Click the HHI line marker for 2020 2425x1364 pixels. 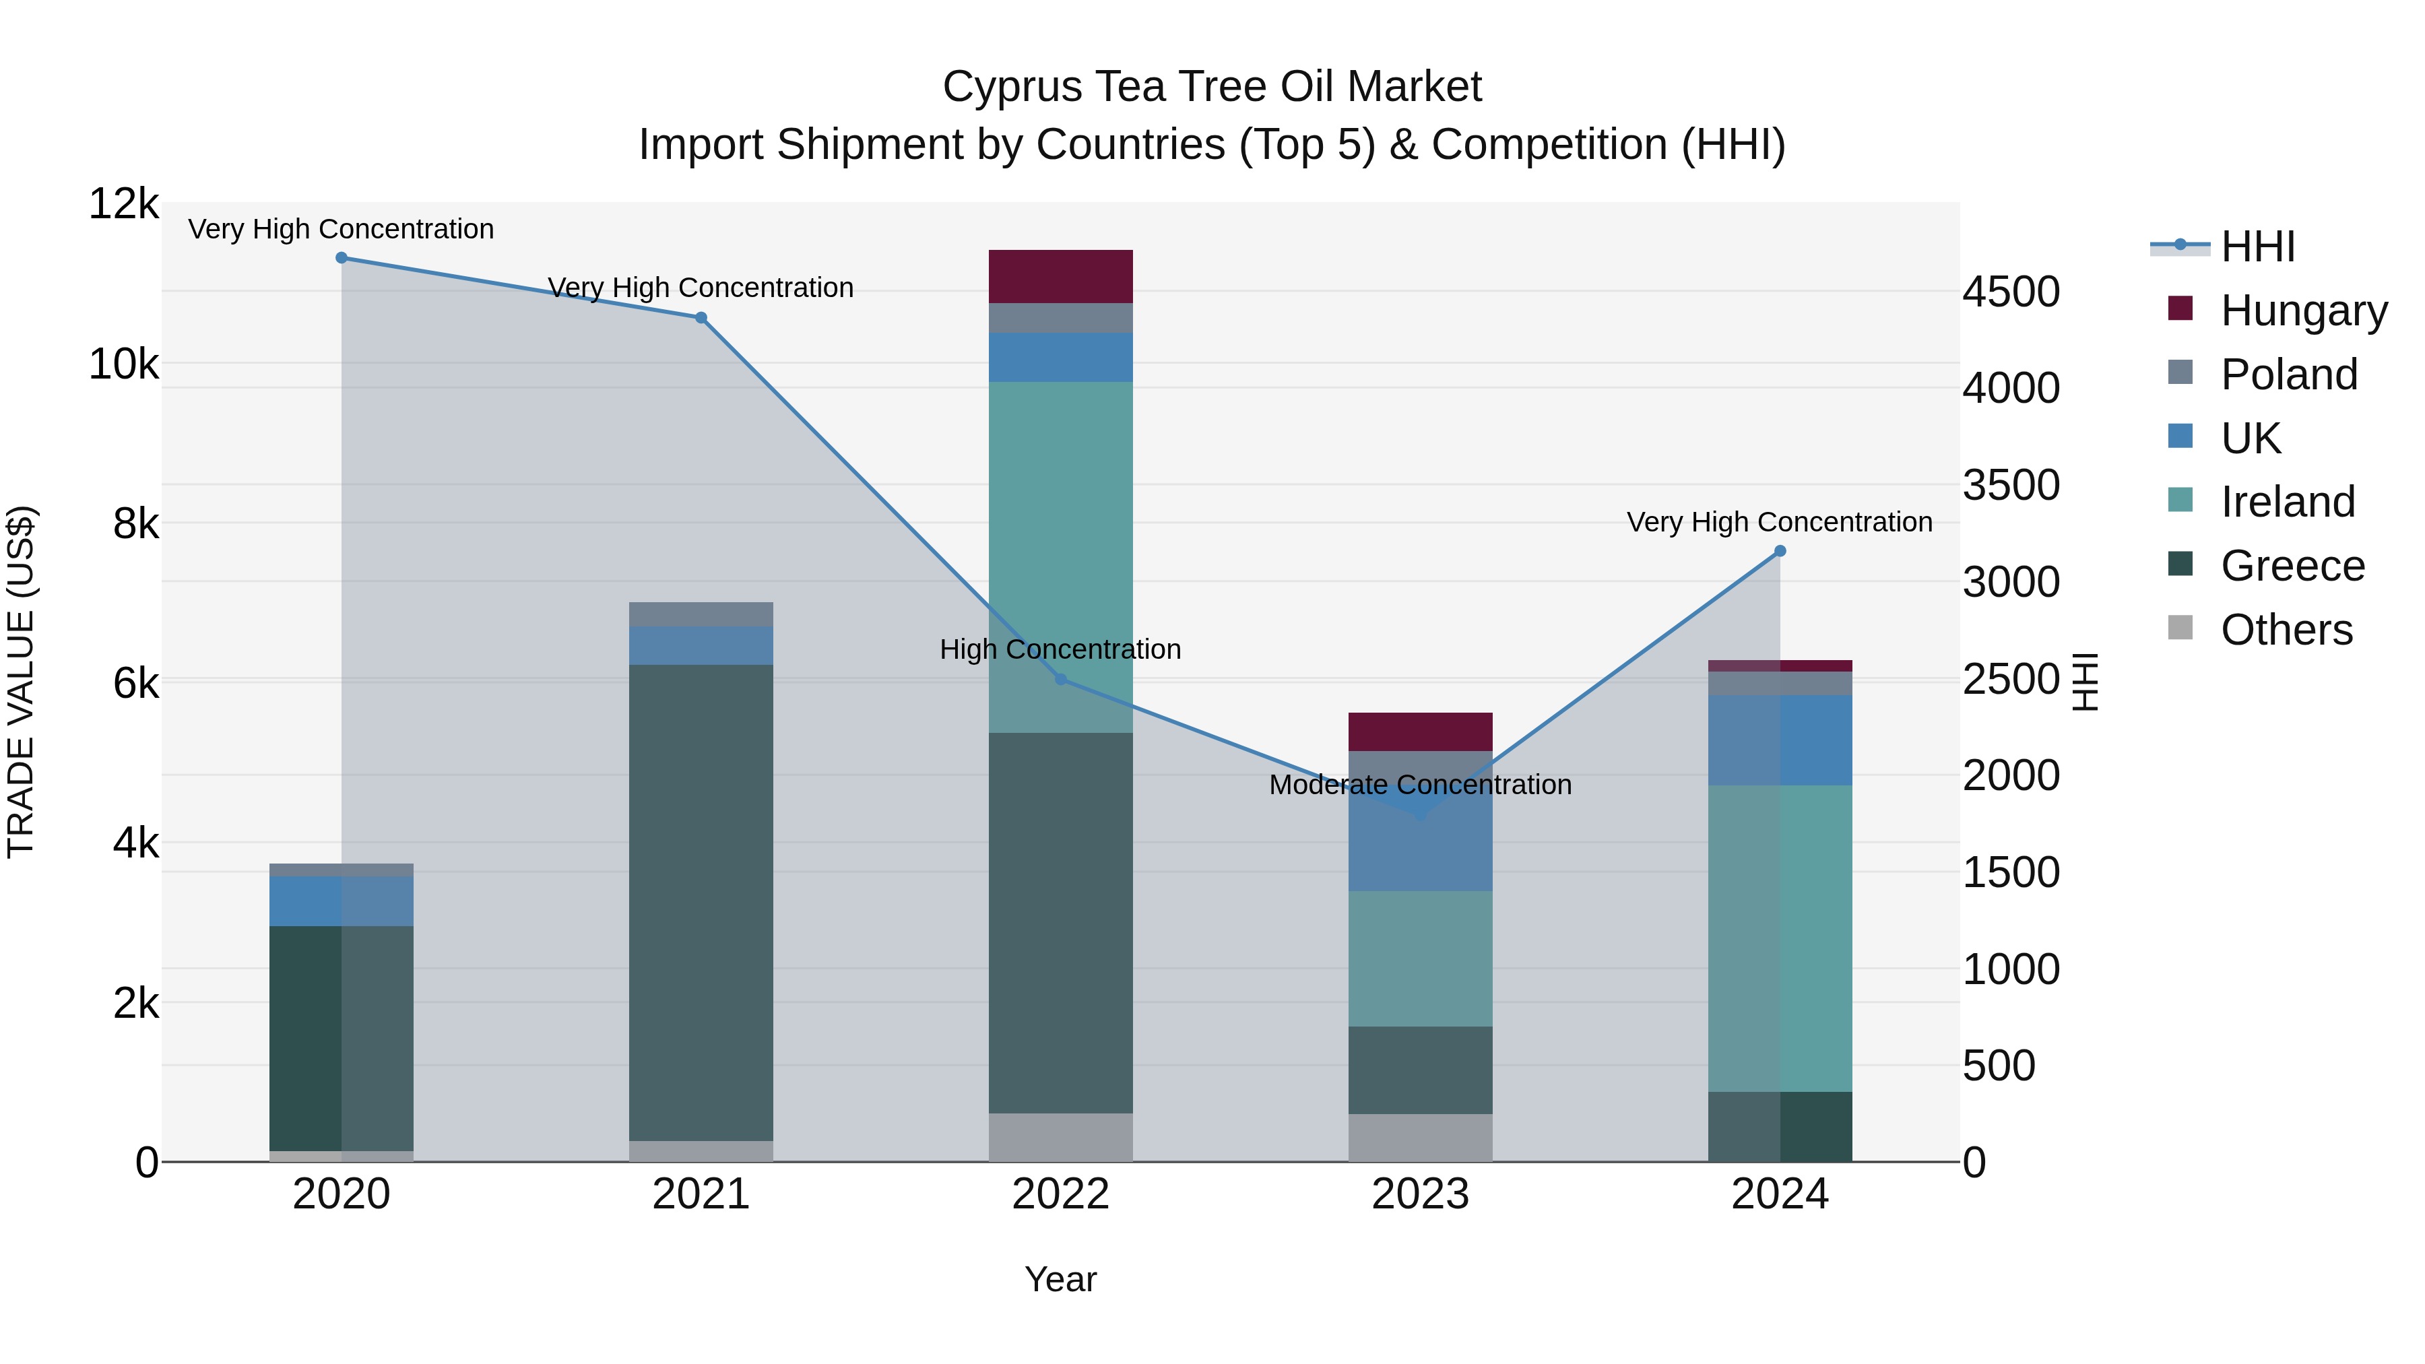pos(342,258)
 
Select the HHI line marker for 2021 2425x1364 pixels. pos(701,318)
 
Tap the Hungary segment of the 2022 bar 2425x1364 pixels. pos(1061,277)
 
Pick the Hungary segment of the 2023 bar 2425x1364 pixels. pos(1421,732)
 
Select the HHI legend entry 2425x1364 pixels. pos(2257,247)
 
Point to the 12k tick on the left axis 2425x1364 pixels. pos(123,204)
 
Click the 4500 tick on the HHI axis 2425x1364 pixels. pos(2011,292)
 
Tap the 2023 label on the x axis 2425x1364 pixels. pos(1421,1194)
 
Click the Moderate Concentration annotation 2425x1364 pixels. pos(1421,785)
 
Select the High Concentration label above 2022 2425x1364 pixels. pos(1061,649)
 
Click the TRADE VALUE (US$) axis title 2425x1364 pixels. pos(21,682)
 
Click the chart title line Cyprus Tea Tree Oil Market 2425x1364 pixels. pos(1212,87)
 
